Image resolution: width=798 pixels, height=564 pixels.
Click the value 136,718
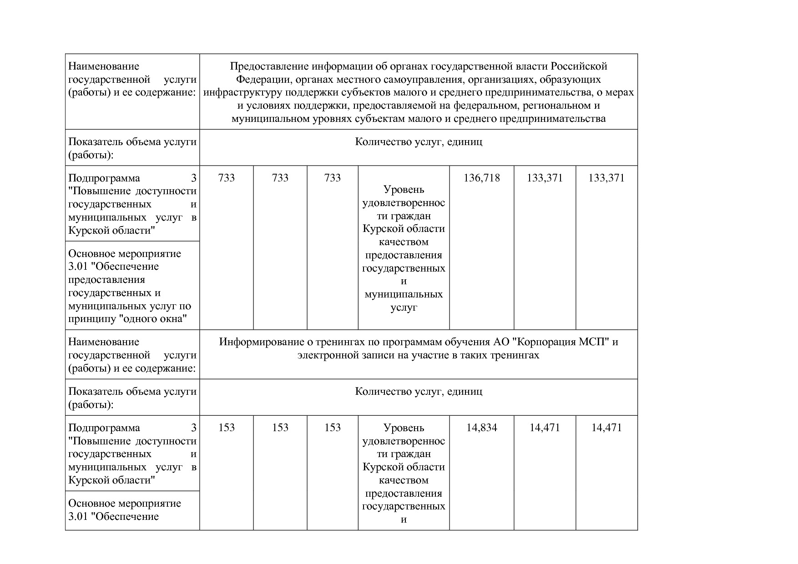coord(481,178)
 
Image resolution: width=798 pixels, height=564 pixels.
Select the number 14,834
coord(481,428)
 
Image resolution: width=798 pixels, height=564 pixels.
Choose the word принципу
coord(92,319)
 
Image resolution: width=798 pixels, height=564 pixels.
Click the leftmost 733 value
coord(227,178)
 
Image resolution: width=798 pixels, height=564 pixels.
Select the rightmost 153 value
coord(333,428)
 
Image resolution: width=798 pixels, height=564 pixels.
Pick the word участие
coord(430,355)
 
